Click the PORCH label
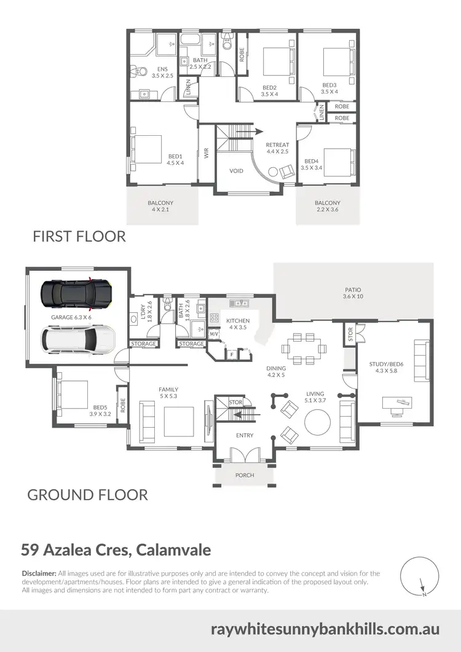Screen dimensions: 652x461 point(245,475)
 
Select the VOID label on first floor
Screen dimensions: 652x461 point(237,171)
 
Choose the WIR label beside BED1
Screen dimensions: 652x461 point(207,154)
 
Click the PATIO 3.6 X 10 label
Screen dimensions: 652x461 point(353,293)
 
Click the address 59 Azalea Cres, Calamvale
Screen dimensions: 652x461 point(116,548)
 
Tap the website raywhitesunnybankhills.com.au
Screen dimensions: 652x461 point(325,629)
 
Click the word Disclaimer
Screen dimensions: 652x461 point(39,573)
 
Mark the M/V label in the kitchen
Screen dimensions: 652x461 point(214,334)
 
